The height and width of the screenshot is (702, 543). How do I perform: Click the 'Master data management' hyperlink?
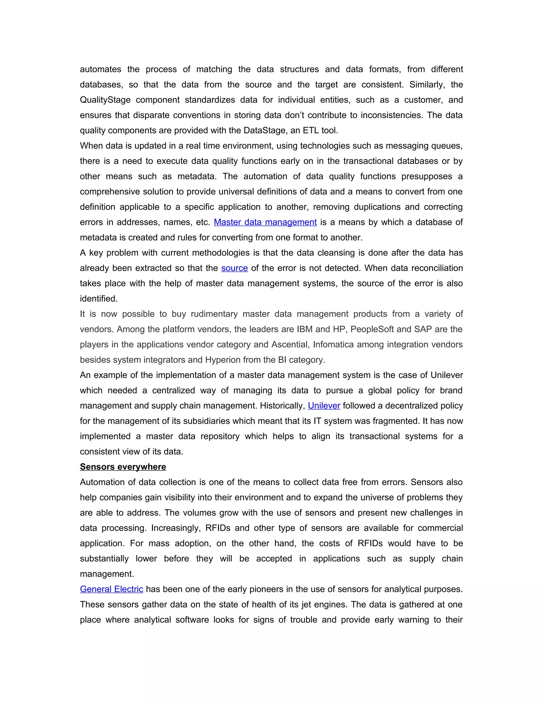tap(265, 222)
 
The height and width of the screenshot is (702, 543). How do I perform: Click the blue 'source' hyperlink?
tap(234, 268)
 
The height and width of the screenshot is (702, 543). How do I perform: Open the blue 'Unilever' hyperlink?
tap(324, 406)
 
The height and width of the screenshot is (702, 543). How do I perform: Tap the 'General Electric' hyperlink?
tap(111, 589)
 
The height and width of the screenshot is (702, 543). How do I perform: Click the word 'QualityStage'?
tap(105, 100)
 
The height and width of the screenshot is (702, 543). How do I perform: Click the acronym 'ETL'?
tap(311, 131)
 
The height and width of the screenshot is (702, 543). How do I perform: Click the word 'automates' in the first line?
tap(100, 69)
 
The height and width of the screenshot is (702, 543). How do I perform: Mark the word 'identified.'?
tap(99, 299)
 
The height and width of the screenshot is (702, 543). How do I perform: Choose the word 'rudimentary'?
tap(214, 314)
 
